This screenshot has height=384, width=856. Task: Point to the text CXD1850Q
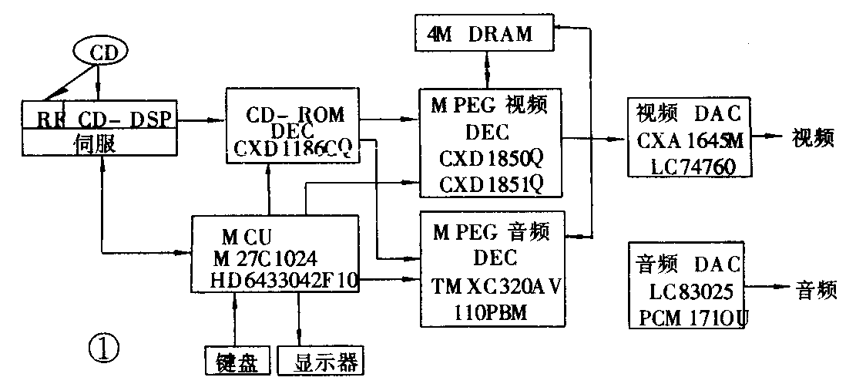492,159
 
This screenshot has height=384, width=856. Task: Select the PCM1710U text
688,315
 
